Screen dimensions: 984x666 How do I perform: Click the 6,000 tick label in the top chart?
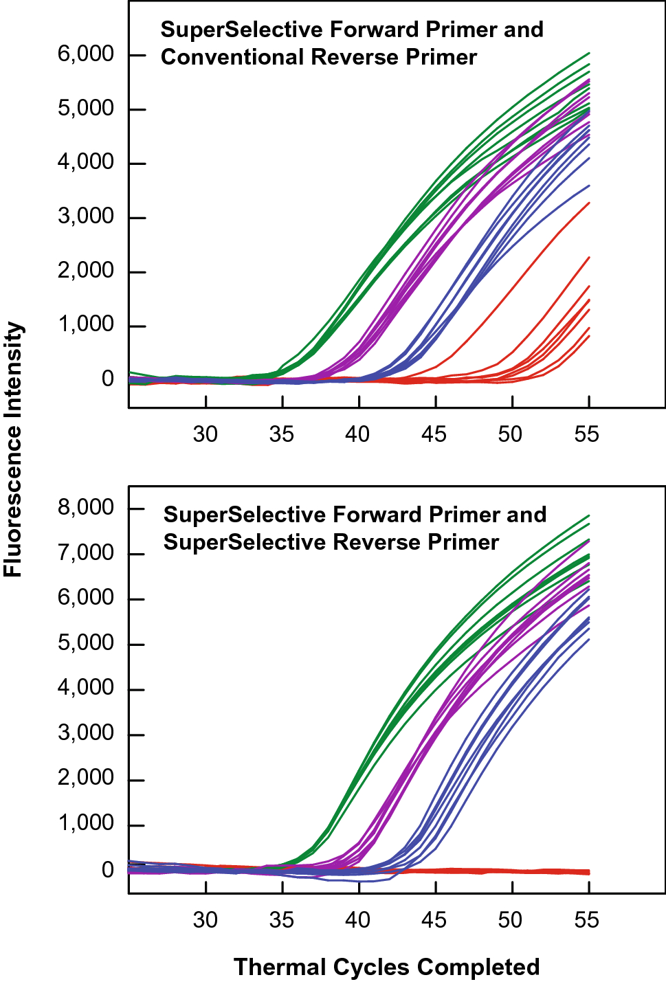point(85,54)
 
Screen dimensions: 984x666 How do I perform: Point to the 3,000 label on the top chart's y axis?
point(85,217)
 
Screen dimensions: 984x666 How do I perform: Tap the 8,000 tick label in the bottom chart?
point(85,508)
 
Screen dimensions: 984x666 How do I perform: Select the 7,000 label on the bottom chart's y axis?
point(85,553)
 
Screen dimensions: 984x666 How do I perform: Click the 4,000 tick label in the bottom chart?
point(85,688)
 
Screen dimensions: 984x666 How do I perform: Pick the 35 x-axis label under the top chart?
point(282,434)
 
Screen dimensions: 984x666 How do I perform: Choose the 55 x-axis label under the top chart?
point(587,434)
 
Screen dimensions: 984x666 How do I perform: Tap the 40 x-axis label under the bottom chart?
point(358,919)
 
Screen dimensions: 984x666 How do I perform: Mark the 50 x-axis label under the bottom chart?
point(511,919)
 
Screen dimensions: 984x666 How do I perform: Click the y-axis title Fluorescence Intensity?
point(14,450)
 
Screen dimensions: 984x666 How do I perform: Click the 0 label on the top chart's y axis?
point(108,379)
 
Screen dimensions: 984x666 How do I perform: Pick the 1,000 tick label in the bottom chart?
point(85,823)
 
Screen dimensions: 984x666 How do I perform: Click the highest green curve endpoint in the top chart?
point(589,53)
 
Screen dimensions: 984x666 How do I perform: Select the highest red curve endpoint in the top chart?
point(589,203)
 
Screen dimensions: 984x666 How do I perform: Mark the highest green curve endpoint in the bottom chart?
point(589,515)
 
